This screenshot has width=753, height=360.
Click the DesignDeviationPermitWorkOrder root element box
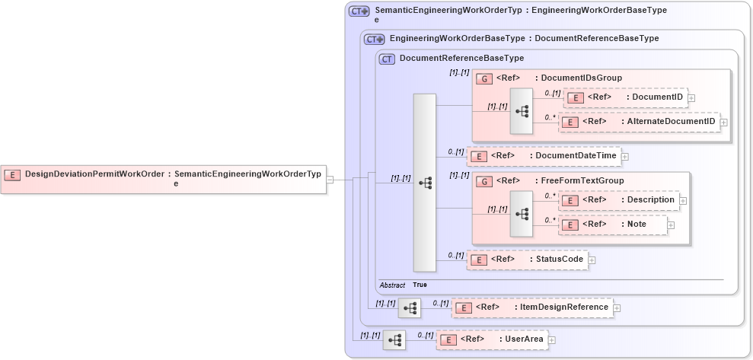pos(163,179)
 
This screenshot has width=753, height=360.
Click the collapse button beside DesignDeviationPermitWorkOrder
pos(330,180)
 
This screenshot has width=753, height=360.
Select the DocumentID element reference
pos(624,97)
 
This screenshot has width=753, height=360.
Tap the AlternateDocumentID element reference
pos(639,122)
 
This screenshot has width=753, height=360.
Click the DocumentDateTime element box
pos(543,156)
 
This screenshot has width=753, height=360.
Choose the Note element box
pos(613,225)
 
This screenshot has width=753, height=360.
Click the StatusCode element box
pos(527,260)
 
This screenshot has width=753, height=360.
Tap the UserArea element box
pos(492,339)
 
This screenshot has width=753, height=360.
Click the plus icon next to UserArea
pos(552,340)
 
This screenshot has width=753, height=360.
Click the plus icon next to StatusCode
pos(592,260)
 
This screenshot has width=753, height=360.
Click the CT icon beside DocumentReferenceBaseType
pos(387,59)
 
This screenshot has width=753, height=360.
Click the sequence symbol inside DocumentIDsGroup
pos(522,111)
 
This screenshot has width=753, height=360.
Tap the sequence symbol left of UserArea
pos(394,340)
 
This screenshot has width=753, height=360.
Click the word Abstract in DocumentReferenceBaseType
pos(392,285)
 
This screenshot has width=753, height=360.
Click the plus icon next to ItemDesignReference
pos(617,308)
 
